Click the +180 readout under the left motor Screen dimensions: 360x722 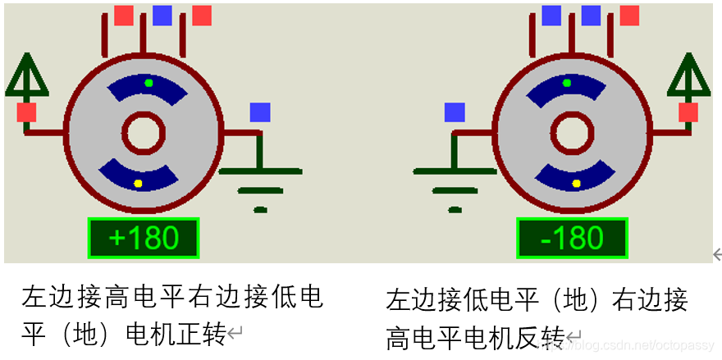pos(144,238)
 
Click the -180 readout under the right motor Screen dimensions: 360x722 pos(572,238)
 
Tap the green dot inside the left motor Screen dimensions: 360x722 pos(149,83)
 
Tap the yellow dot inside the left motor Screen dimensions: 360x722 pos(138,183)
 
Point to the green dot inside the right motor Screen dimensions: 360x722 pos(566,83)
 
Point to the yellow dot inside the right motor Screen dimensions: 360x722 pos(577,183)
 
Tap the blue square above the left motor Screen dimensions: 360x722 pos(162,15)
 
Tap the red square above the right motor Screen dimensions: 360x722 pos(629,15)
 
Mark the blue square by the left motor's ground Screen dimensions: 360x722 pos(260,112)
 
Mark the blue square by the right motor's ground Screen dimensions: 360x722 pos(455,112)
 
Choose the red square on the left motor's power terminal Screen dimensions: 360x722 pos(26,112)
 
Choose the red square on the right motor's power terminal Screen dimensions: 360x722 pos(688,112)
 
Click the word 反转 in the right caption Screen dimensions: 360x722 pos(544,337)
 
